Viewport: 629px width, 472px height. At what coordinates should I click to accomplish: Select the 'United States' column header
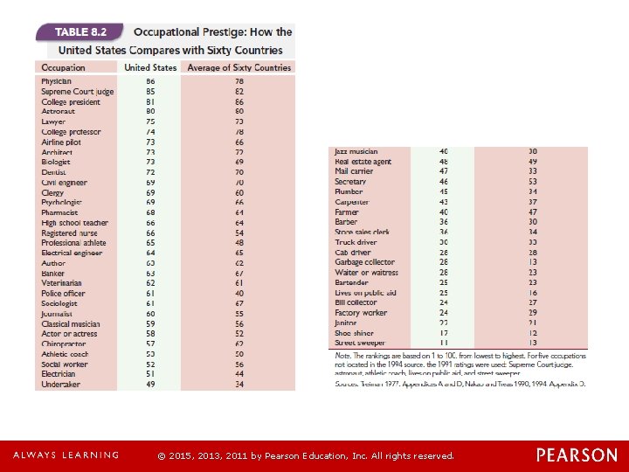click(x=150, y=67)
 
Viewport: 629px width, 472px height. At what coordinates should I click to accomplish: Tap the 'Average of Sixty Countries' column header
click(x=237, y=67)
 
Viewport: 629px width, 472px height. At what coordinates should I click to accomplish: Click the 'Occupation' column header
click(x=63, y=67)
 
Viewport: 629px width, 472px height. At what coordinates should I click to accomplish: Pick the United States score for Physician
click(x=150, y=81)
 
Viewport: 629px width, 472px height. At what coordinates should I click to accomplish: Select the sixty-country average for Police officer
click(x=239, y=294)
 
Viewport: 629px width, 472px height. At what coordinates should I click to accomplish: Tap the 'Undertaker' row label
click(x=60, y=384)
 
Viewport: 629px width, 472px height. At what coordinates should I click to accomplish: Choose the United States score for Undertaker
click(x=150, y=384)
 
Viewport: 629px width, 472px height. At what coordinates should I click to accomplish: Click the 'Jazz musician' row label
click(x=356, y=152)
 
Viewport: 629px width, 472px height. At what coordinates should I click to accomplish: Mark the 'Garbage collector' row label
click(x=364, y=262)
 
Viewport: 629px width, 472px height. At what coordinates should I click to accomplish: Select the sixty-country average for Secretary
click(x=532, y=182)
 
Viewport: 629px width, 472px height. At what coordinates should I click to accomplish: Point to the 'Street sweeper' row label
click(x=359, y=344)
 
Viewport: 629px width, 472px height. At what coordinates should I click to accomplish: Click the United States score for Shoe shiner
click(x=443, y=333)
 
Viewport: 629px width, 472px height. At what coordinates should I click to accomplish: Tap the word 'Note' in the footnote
click(x=343, y=357)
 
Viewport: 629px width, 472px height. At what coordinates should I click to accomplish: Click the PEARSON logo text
click(x=576, y=455)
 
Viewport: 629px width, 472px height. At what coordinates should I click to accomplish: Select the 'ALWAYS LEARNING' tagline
click(x=66, y=455)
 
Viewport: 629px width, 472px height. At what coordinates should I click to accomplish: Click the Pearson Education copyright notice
click(x=305, y=455)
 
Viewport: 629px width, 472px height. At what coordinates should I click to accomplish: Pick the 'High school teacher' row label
click(x=75, y=223)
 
